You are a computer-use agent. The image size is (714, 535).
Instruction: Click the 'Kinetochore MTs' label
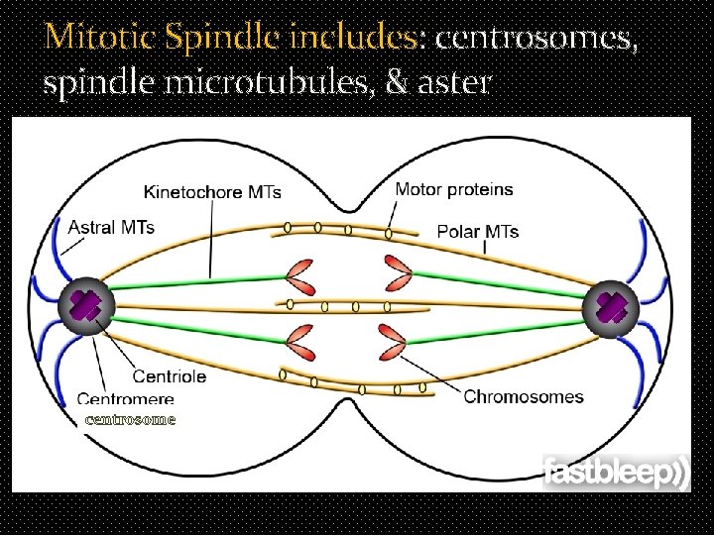click(212, 191)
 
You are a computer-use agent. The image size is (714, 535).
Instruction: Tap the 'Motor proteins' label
click(454, 188)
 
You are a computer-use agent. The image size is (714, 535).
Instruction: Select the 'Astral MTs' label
click(111, 227)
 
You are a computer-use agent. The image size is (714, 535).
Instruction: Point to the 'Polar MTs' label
click(478, 232)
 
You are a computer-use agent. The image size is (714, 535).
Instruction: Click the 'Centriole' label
click(170, 376)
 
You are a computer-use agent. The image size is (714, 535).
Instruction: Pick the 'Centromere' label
click(125, 399)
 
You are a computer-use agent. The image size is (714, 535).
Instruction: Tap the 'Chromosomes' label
click(524, 396)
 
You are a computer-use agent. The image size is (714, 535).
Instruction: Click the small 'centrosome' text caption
click(130, 419)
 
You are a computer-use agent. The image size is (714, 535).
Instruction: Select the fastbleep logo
click(615, 473)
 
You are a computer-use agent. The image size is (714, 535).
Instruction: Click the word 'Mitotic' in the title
click(100, 38)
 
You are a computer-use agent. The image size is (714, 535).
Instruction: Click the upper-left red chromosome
click(301, 278)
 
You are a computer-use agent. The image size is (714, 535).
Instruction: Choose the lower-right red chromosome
click(393, 346)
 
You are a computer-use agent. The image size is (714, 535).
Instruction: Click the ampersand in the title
click(395, 81)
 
